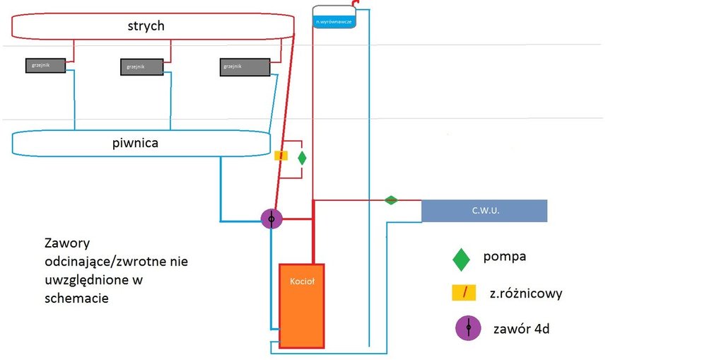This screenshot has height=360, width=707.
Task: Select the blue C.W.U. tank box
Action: pos(484,210)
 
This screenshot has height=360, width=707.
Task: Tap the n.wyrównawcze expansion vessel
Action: pos(334,21)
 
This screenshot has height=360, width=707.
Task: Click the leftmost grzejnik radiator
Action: pos(47,66)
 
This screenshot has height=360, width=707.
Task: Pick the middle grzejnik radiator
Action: pos(141,67)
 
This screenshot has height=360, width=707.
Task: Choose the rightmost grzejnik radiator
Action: pos(245,67)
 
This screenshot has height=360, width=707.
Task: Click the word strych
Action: pos(147,26)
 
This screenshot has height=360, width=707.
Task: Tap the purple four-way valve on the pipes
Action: pos(271,218)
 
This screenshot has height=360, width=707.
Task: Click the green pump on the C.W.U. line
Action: pos(391,200)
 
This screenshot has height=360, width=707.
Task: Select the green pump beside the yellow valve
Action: pos(302,158)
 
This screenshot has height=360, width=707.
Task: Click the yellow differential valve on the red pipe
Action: pos(281,156)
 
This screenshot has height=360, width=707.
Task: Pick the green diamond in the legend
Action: pos(462,259)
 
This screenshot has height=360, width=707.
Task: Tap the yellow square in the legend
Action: pos(461,292)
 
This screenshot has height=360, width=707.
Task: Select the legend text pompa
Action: pos(504,256)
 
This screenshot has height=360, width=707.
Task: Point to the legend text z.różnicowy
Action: pos(525,293)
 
